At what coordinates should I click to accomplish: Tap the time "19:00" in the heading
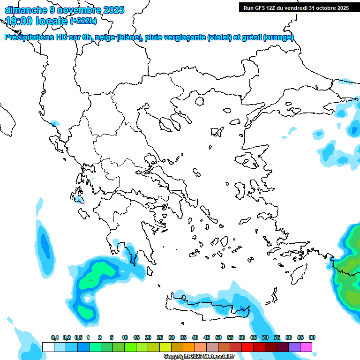pyautogui.click(x=19, y=21)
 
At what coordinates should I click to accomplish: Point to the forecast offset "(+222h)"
pyautogui.click(x=83, y=21)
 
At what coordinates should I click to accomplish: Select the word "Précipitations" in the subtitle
pyautogui.click(x=28, y=37)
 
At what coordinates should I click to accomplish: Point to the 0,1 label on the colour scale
pyautogui.click(x=55, y=337)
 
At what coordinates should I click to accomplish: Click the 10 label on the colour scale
pyautogui.click(x=124, y=337)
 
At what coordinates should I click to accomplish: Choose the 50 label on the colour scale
pyautogui.click(x=218, y=337)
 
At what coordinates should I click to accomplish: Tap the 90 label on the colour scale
pyautogui.click(x=312, y=337)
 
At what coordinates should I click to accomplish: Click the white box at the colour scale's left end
pyautogui.click(x=48, y=347)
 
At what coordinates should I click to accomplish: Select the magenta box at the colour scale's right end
pyautogui.click(x=307, y=347)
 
